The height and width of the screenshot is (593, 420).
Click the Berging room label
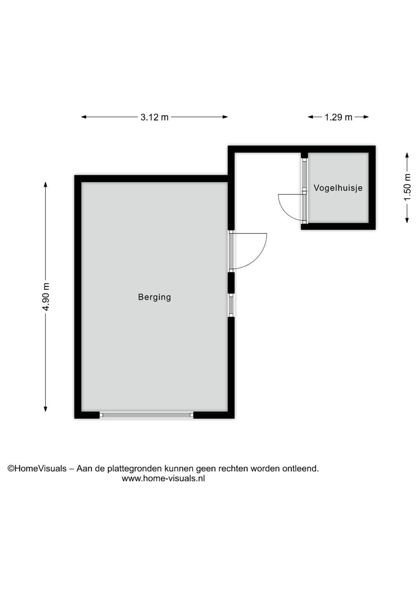[x=154, y=297]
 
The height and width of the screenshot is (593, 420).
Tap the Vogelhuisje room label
[x=338, y=188]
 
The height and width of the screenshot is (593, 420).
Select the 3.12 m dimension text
[x=154, y=117]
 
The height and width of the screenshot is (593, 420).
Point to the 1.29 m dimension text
[x=338, y=117]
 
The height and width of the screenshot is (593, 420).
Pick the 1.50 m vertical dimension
[x=407, y=187]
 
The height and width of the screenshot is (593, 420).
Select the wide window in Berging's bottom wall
[x=146, y=415]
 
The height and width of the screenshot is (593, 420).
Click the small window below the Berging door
[x=231, y=305]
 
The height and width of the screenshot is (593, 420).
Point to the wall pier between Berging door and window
[x=231, y=283]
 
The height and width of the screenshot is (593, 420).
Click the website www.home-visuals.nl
[x=163, y=478]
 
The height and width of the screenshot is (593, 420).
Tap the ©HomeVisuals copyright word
[x=37, y=468]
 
